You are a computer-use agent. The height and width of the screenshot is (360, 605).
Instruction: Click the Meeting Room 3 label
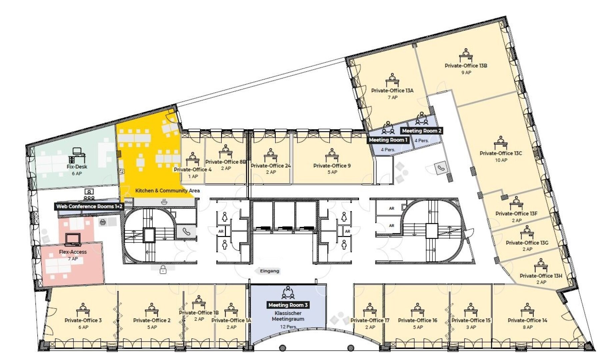tap(288, 305)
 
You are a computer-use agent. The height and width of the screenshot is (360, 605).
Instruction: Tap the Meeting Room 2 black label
tap(422, 131)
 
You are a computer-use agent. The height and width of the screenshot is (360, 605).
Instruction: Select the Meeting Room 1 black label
tap(388, 140)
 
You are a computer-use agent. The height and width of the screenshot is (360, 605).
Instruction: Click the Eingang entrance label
tap(269, 271)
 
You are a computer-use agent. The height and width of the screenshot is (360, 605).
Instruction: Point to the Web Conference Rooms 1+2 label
tap(89, 206)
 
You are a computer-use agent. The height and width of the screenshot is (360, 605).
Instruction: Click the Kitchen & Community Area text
tap(167, 191)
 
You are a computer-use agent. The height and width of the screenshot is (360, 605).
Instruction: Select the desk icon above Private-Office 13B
tap(466, 55)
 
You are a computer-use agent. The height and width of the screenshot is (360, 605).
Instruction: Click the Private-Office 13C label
tap(501, 153)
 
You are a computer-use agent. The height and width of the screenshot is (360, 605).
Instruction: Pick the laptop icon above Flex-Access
tap(73, 240)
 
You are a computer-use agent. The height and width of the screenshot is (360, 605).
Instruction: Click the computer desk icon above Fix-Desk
tap(77, 156)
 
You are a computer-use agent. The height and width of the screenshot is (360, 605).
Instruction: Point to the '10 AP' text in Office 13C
tap(501, 160)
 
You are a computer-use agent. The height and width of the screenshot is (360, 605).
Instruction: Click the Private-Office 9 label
tap(332, 166)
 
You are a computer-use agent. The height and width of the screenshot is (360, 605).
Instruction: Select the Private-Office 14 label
tap(527, 320)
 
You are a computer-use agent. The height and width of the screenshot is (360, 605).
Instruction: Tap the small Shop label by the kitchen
tap(128, 202)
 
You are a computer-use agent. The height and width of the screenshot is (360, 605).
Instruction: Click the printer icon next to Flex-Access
tap(103, 222)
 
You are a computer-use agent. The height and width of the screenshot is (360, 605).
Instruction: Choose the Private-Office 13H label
tap(541, 276)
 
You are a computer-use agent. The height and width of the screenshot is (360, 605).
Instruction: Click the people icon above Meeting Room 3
tap(288, 292)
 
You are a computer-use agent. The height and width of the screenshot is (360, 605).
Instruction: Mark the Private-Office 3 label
tap(83, 320)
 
